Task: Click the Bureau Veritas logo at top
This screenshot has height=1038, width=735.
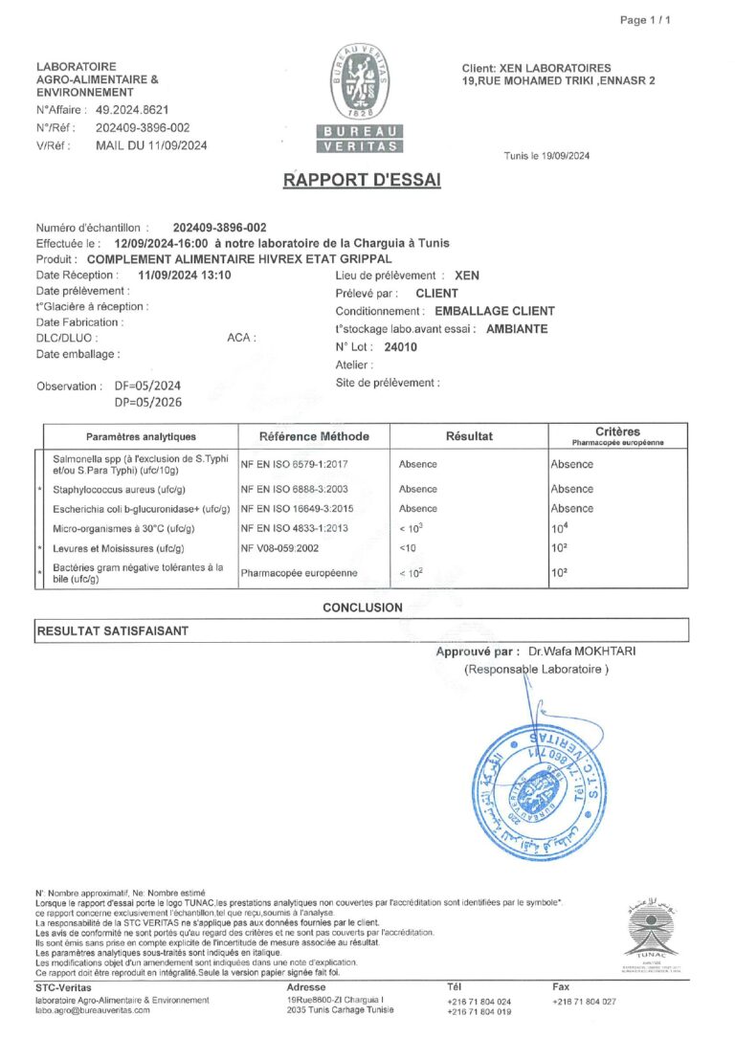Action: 359,98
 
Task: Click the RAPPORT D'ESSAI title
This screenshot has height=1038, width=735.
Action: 362,180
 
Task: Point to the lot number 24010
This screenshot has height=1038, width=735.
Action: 400,347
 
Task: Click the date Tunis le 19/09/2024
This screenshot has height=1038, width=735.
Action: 546,156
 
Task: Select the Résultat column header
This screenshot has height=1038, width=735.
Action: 469,436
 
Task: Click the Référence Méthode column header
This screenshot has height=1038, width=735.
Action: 314,436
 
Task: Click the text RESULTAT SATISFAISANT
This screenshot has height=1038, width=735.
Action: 112,630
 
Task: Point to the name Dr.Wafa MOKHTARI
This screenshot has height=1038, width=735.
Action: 589,652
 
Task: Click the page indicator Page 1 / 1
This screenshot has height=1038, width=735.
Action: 646,20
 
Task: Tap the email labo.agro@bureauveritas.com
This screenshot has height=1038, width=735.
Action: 94,1010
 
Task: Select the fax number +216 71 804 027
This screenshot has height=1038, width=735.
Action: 584,1001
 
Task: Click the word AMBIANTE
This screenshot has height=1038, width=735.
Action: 518,329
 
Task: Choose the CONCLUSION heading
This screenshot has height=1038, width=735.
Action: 362,607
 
